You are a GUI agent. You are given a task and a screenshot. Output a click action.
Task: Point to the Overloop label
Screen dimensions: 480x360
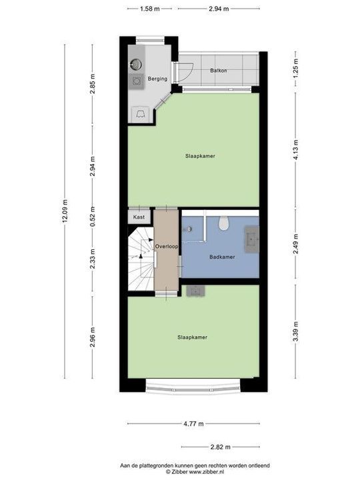pos(167,247)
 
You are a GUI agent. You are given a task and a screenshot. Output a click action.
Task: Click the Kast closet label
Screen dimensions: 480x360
pos(139,217)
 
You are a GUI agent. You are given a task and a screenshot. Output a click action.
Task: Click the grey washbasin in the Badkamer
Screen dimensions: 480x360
pos(253,236)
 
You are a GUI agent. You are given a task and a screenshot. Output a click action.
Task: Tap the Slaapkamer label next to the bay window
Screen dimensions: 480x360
pos(192,337)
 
